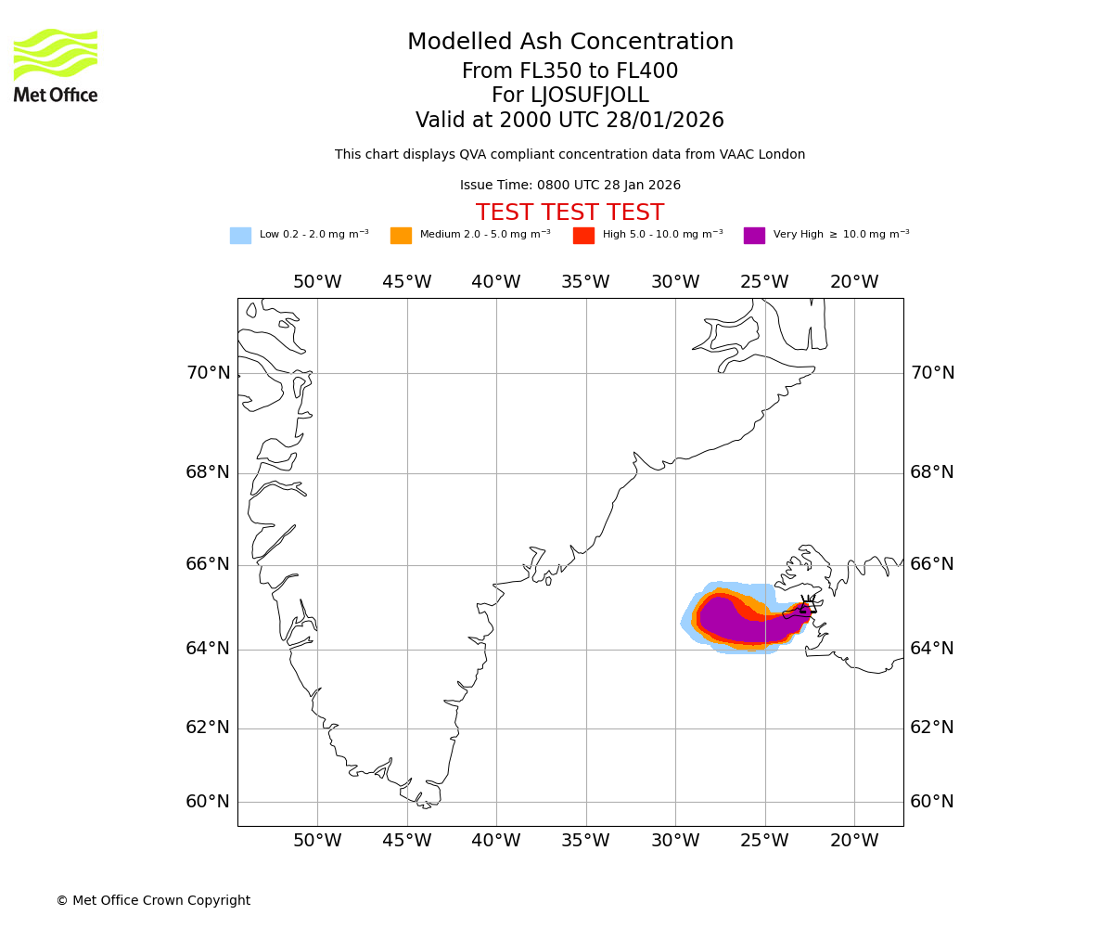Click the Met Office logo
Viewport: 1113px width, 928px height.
(x=56, y=65)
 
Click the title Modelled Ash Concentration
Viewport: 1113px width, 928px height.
(x=569, y=43)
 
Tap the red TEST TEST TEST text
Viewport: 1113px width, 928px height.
(x=569, y=213)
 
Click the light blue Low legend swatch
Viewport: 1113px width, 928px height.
(x=240, y=236)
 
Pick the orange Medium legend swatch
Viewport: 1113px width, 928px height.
(x=401, y=236)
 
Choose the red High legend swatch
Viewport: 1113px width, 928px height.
(x=583, y=236)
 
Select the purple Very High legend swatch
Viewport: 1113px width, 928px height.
(x=754, y=236)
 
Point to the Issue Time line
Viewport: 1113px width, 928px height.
(x=569, y=186)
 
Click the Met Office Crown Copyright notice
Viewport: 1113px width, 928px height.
(x=153, y=901)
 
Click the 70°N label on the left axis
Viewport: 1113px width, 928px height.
(x=208, y=373)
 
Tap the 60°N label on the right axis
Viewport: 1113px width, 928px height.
(x=931, y=802)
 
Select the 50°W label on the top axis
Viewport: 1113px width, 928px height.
(x=317, y=282)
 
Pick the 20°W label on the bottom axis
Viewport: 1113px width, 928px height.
(x=854, y=841)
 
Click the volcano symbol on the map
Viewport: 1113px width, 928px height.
(x=806, y=608)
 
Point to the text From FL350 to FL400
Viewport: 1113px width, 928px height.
(x=569, y=71)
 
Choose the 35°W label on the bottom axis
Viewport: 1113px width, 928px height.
(x=585, y=841)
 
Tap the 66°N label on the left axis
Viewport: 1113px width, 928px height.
(x=208, y=564)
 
